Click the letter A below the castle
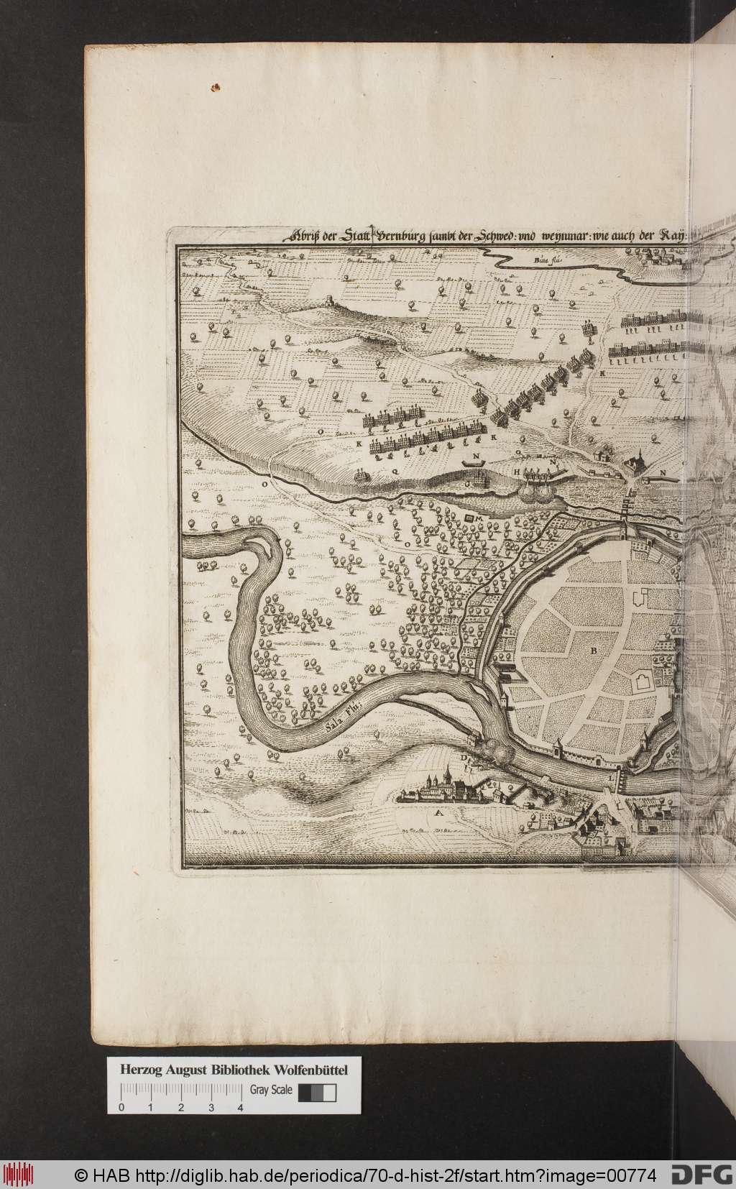click(436, 814)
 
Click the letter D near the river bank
click(464, 758)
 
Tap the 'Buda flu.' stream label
click(548, 261)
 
